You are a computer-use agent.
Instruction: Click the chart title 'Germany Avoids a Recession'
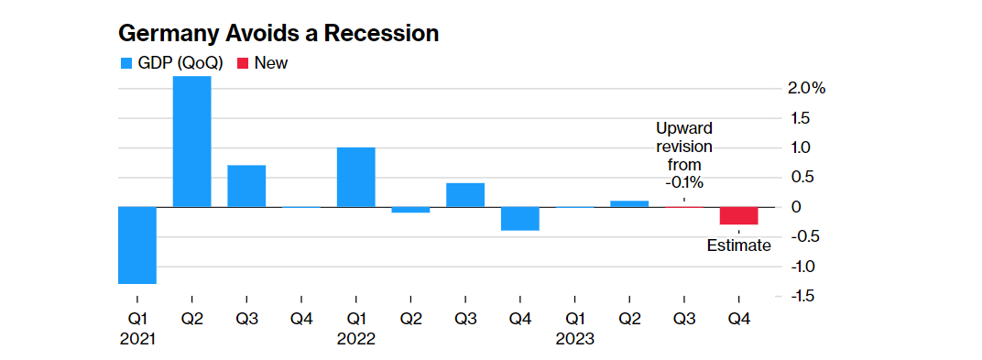coord(278,34)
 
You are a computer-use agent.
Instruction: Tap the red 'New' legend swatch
coord(242,63)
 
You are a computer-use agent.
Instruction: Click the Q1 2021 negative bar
coord(137,245)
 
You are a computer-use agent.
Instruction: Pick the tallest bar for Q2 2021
coord(192,141)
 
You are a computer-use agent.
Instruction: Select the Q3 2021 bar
coord(246,186)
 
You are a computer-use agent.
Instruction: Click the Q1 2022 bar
coord(355,177)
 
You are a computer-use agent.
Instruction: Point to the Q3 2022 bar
coord(465,195)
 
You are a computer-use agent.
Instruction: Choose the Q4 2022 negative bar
coord(519,219)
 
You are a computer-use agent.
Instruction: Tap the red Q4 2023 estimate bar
coord(738,216)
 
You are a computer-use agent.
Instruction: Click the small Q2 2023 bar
coord(629,203)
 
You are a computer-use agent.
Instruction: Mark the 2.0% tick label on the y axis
coord(807,89)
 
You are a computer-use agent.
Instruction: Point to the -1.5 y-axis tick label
coord(802,296)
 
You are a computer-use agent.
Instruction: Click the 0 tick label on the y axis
coord(796,207)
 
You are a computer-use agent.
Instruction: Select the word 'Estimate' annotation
coord(738,245)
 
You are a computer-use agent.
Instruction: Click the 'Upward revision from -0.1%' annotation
coord(684,156)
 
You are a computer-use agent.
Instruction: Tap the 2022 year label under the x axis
coord(355,339)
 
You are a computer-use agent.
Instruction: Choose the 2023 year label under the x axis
coord(574,339)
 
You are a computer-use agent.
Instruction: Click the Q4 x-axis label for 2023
coord(738,320)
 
